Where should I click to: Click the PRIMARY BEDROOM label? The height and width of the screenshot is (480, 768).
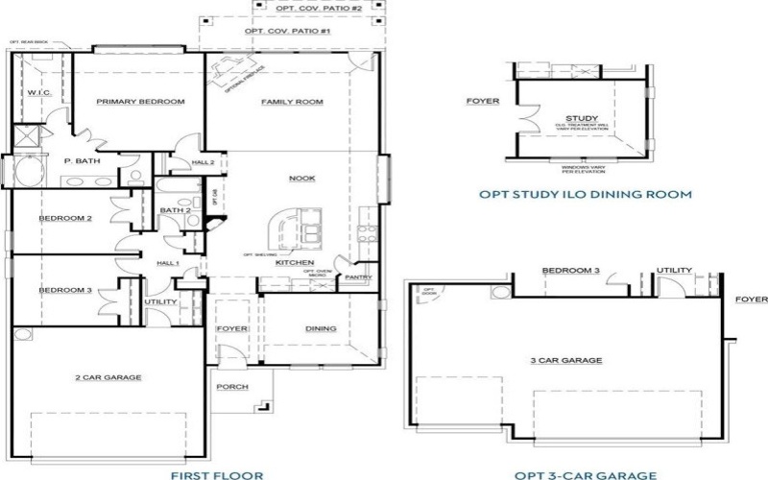tap(141, 102)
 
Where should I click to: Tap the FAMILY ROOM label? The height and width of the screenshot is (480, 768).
tap(292, 102)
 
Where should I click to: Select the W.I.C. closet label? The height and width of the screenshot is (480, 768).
tap(38, 93)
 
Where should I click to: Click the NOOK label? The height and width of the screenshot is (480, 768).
tap(301, 179)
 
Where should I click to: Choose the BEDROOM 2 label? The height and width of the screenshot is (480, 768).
tap(65, 219)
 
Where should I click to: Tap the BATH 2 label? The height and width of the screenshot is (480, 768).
tap(176, 210)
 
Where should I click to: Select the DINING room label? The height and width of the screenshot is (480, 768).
tap(321, 329)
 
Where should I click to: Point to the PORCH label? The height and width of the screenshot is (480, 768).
tap(232, 387)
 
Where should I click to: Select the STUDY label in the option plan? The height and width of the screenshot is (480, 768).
tap(582, 118)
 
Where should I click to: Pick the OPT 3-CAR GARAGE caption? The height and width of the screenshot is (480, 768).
tap(585, 474)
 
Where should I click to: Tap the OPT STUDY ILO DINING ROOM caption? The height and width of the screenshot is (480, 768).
tap(585, 194)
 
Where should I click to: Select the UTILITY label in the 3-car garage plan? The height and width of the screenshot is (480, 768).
tap(673, 271)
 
